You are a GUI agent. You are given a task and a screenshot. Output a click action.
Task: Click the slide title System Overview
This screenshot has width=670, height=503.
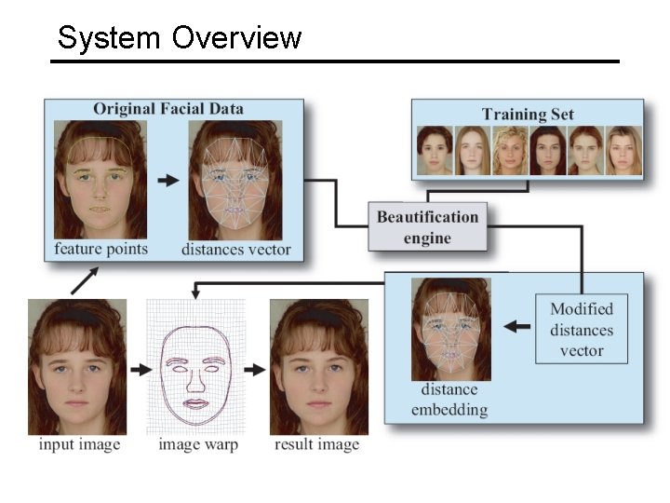180,38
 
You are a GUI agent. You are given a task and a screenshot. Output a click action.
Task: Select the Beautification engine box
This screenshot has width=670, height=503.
427,227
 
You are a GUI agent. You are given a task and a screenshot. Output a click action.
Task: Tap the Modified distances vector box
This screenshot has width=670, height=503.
582,330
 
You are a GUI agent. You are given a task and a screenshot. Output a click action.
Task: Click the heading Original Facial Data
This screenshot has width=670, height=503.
168,109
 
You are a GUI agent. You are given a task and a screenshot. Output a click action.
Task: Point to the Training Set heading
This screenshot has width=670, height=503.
528,114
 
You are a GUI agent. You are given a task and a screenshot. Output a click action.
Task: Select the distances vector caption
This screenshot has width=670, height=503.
235,249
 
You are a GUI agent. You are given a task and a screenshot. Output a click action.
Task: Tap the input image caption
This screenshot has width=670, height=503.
79,444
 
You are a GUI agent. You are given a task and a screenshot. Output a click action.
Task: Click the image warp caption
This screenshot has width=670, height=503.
197,444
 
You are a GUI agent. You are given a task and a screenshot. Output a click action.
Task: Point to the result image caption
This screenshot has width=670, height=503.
316,444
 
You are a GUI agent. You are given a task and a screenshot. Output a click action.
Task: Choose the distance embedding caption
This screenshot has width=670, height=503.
449,400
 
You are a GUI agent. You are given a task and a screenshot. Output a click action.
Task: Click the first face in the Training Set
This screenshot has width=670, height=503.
434,150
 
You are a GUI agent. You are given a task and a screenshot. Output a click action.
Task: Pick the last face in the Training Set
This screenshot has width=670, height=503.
623,150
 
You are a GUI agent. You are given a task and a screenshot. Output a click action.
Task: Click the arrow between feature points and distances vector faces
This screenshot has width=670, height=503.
167,181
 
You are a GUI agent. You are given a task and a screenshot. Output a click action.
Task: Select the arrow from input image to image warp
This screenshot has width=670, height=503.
140,370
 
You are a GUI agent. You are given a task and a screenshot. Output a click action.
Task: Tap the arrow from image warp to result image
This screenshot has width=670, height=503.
254,370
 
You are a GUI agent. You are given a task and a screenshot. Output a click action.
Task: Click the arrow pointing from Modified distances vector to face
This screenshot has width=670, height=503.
517,327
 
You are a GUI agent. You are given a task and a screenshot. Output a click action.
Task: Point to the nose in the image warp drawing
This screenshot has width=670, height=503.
196,378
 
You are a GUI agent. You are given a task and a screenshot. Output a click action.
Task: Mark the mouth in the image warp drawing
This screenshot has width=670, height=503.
196,403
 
